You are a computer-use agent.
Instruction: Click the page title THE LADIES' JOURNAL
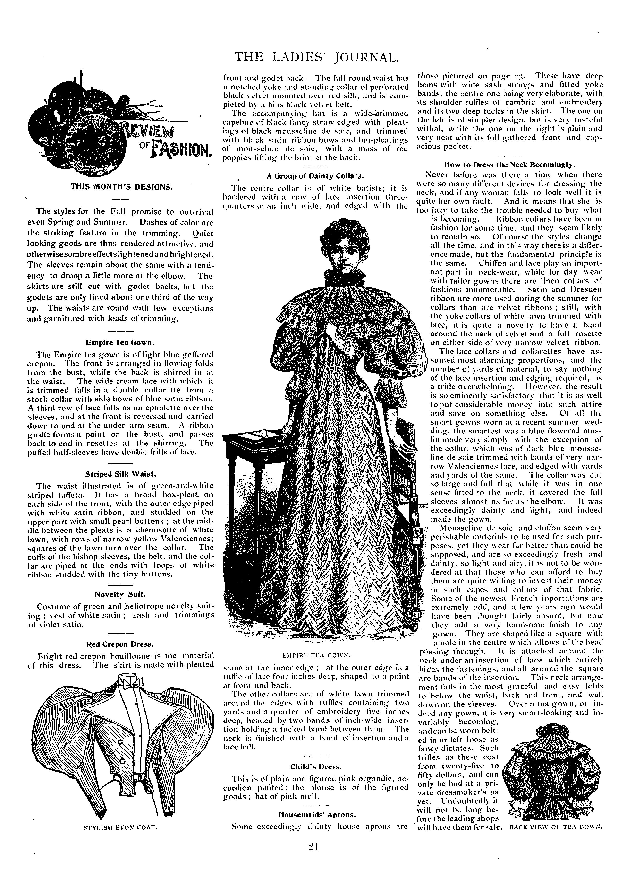(316, 57)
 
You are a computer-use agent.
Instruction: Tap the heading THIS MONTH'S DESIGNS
(121, 187)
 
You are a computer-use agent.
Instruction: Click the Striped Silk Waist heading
(121, 474)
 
